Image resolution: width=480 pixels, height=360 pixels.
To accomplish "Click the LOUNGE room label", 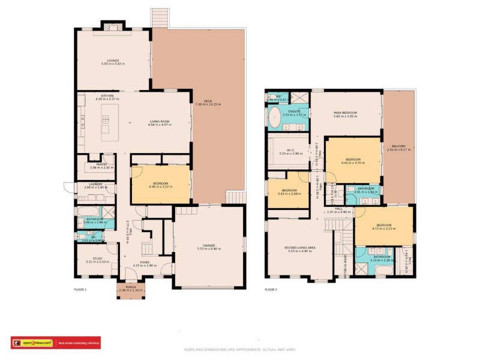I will (x=113, y=60).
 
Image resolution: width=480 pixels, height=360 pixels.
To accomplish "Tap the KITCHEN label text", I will (x=107, y=96).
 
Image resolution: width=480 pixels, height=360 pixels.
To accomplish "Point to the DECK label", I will (x=208, y=101).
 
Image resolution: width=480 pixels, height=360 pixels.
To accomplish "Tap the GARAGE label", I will (x=209, y=245).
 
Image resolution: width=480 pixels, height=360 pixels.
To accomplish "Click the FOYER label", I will (x=145, y=262).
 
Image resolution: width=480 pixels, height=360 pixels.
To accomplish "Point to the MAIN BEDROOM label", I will (x=345, y=113).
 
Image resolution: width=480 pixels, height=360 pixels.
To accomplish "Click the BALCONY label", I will (x=399, y=146).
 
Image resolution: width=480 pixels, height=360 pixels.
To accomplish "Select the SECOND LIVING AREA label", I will (x=299, y=247).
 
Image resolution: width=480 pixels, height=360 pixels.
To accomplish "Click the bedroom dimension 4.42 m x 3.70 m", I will (x=353, y=162).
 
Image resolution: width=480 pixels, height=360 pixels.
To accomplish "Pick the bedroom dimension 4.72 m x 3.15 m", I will (x=384, y=229).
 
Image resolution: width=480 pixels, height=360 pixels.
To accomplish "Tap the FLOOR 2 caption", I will (x=271, y=290).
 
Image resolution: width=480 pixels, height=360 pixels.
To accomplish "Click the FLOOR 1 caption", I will (x=80, y=290).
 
